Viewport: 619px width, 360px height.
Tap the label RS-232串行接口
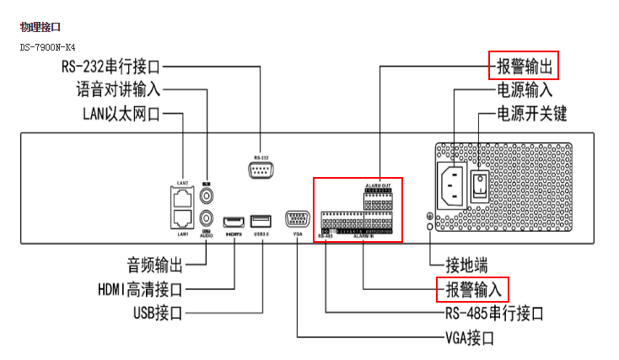[123, 66]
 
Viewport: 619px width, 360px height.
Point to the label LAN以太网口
[121, 113]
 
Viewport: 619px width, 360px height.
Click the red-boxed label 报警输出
[523, 65]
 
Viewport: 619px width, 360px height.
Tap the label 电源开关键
[531, 113]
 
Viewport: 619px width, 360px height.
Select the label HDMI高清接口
[139, 290]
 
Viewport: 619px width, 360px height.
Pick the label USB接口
[158, 314]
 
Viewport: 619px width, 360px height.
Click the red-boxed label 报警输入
[472, 289]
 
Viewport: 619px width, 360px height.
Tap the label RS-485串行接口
[493, 314]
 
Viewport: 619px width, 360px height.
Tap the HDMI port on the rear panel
[234, 223]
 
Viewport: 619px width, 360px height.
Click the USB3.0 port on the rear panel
[261, 223]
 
